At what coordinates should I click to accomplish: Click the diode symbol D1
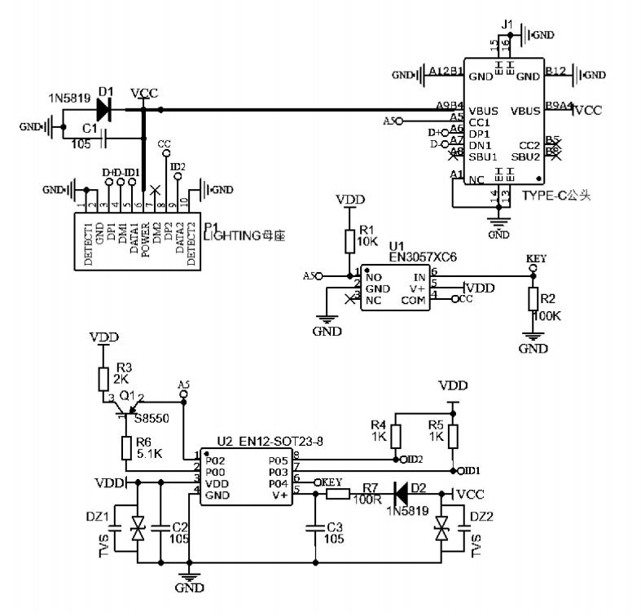click(x=103, y=108)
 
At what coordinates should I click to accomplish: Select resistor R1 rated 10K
click(x=349, y=240)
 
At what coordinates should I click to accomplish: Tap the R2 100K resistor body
click(x=533, y=300)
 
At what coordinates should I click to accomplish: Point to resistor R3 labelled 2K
click(x=103, y=379)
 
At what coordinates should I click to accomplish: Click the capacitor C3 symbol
click(x=315, y=528)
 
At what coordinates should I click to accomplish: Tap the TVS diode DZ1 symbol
click(x=138, y=530)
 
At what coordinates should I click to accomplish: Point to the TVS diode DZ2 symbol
click(x=442, y=530)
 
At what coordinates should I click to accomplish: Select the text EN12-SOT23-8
click(x=281, y=442)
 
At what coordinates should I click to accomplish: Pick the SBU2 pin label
click(x=526, y=156)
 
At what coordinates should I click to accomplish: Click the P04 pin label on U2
click(x=277, y=482)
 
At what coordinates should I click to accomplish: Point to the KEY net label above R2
click(x=536, y=258)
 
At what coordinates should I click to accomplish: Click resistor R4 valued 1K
click(x=396, y=436)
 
